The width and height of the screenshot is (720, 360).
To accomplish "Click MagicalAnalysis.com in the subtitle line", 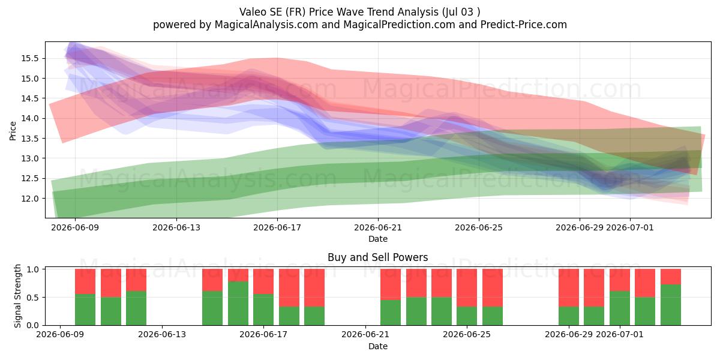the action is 266,25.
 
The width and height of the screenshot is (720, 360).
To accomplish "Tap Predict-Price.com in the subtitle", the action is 524,25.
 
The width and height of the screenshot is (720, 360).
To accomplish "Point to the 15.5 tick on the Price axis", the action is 30,59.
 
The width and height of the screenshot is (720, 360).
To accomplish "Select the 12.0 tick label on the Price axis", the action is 30,199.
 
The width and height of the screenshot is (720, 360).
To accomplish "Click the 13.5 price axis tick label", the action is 30,139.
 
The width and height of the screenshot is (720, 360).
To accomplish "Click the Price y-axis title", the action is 13,131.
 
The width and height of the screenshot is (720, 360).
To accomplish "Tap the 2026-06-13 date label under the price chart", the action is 176,227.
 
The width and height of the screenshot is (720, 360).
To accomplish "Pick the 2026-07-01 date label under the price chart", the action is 629,227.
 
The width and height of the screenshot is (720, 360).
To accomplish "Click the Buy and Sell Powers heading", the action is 377,257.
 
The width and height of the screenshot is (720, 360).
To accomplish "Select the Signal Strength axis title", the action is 17,296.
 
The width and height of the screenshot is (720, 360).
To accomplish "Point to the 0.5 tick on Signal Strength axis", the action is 33,298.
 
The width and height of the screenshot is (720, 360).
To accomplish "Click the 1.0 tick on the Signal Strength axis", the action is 33,269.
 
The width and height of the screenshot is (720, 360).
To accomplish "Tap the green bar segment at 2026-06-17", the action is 263,310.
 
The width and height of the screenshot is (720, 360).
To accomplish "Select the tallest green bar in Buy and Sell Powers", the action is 238,303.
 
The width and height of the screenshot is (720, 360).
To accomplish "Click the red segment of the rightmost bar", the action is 671,277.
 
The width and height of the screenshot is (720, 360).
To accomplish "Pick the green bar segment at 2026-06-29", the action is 569,316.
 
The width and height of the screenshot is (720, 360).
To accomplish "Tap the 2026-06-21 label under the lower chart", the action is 365,334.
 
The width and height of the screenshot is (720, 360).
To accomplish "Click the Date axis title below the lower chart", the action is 377,346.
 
